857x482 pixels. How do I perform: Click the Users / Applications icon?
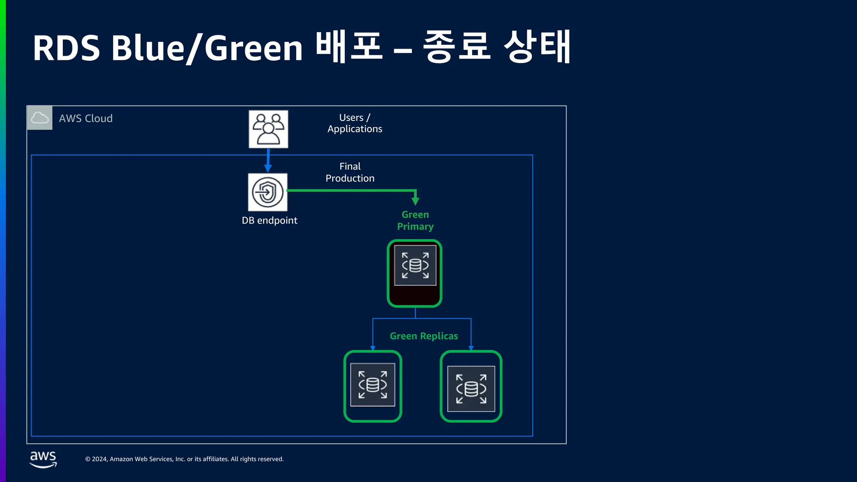[268, 129]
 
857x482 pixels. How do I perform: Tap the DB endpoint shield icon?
[268, 192]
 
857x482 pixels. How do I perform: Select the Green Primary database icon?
[415, 265]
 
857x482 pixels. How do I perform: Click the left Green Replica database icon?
[372, 385]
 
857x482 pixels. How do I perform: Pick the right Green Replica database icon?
[471, 389]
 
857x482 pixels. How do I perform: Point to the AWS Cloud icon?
[40, 118]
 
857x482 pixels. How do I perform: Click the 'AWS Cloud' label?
[86, 118]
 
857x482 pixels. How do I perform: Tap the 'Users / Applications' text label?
[355, 123]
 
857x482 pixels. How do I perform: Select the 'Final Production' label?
[350, 172]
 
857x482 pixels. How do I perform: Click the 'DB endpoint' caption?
[269, 220]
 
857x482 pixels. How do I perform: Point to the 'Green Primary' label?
[415, 220]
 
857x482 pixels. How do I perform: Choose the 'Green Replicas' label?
[424, 336]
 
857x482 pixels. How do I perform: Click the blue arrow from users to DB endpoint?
[268, 160]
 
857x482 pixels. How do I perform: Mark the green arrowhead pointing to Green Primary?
[415, 200]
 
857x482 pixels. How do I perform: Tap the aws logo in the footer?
[43, 459]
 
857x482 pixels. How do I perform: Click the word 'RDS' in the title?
[67, 48]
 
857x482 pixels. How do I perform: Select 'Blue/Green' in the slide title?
[207, 48]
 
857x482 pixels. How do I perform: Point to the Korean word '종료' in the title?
[457, 47]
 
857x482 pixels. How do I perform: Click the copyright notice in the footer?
[185, 459]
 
